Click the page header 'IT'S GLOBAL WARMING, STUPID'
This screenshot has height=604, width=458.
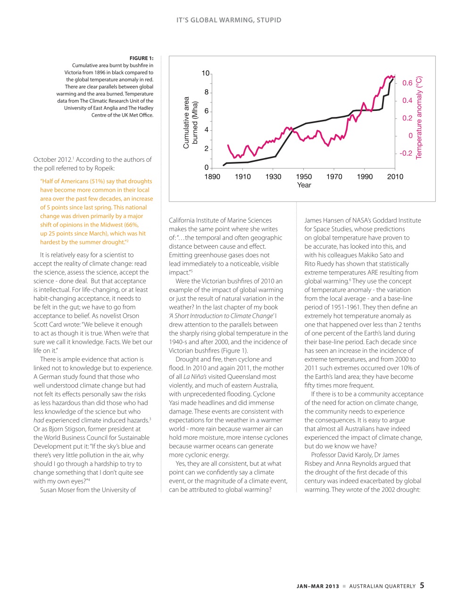tap(229, 20)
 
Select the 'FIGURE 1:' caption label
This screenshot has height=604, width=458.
tap(142, 59)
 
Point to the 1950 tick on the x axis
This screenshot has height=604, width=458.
tap(304, 176)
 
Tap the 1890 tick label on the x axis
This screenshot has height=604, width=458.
tap(212, 176)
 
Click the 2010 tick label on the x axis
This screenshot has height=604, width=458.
tap(395, 176)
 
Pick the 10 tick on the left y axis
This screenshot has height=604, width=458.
tap(206, 73)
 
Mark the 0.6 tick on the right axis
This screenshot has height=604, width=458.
tap(407, 83)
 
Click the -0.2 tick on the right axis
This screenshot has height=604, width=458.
tap(406, 153)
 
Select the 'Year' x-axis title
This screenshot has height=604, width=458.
tap(304, 185)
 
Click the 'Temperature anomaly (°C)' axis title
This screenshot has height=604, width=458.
tap(419, 117)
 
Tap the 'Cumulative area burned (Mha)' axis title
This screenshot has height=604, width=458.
tap(190, 123)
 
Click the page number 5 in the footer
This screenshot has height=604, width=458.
tap(422, 585)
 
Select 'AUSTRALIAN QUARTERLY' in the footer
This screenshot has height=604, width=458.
tap(383, 586)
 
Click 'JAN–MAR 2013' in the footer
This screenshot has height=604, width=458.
tap(317, 586)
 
